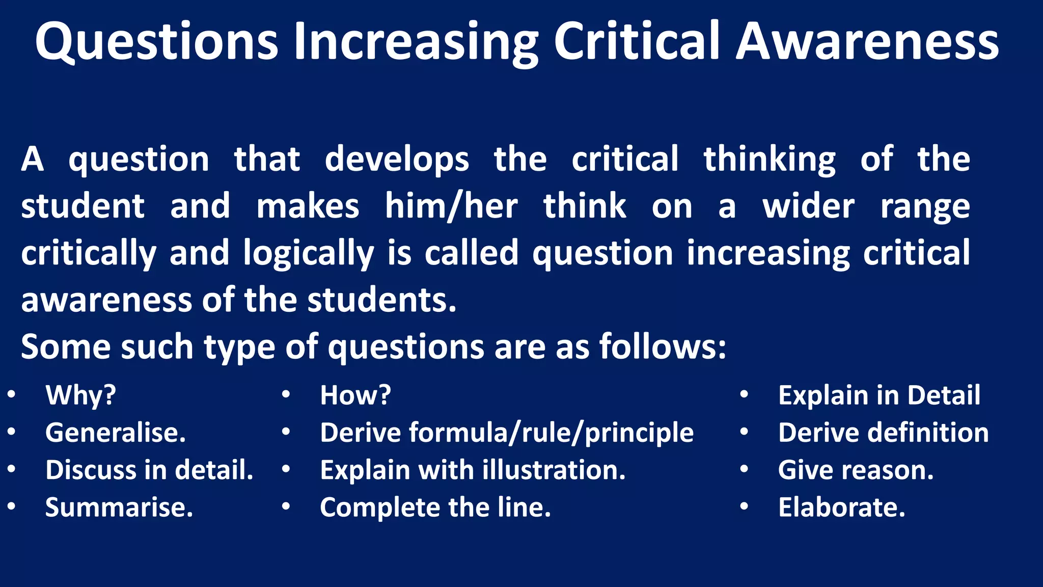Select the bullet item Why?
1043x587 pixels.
(80, 395)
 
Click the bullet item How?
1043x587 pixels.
(355, 395)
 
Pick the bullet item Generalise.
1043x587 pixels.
(116, 433)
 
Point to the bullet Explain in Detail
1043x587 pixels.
(879, 395)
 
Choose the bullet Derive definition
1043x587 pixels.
(883, 433)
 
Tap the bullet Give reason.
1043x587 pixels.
(856, 470)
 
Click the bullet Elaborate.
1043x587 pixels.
(841, 508)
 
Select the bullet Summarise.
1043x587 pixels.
(119, 508)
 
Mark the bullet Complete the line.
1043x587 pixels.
(435, 508)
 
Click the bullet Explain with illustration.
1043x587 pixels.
(473, 470)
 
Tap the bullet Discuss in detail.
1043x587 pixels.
(149, 470)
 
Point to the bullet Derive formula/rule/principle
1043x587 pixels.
(507, 433)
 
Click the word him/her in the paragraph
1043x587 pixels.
(451, 206)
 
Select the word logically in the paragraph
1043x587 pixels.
(308, 253)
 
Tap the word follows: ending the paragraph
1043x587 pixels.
(662, 346)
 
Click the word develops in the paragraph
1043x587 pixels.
(397, 159)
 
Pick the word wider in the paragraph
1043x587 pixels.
(808, 206)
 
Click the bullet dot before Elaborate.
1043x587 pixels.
(744, 506)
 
